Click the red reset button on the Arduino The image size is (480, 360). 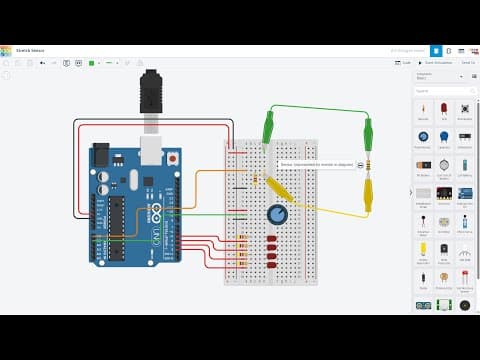pos(174,158)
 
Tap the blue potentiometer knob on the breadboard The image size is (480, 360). pos(277,214)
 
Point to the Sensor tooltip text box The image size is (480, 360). pos(317,165)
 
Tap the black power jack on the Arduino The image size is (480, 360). pos(101,155)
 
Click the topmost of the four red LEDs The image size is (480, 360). pos(272,238)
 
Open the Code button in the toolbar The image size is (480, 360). pos(404,62)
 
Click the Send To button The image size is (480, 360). pos(467,62)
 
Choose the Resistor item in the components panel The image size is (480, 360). pos(423,110)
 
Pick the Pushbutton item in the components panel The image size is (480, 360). pos(465,110)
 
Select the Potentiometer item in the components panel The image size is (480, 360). pos(423,138)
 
